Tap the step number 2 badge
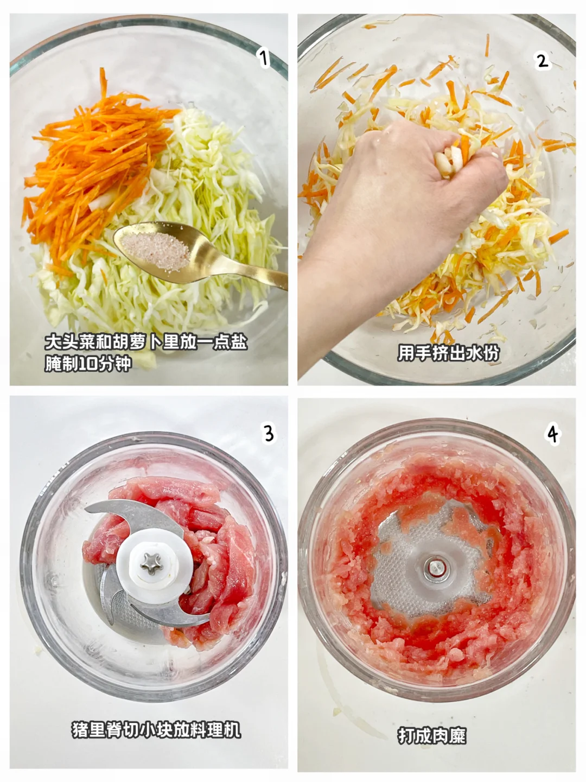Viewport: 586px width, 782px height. tap(542, 61)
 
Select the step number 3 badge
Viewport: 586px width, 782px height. tap(269, 433)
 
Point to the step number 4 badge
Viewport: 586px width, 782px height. tap(553, 434)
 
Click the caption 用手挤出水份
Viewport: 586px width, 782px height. tap(448, 353)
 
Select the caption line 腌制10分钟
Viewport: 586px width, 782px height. tap(88, 364)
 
